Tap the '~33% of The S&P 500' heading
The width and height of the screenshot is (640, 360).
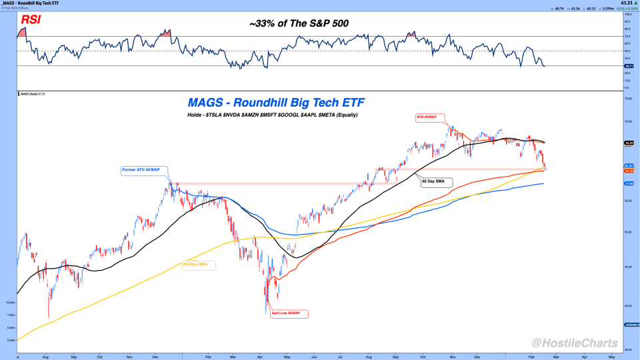(299, 23)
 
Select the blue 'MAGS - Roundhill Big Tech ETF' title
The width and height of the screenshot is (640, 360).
(276, 103)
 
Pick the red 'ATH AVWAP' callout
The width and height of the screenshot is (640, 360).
(427, 117)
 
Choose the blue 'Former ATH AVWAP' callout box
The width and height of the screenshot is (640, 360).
(145, 170)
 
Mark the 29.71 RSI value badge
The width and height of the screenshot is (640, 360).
(627, 66)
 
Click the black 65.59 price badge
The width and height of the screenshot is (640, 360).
(627, 143)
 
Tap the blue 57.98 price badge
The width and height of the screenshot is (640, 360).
(627, 184)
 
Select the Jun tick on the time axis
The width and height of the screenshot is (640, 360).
(314, 357)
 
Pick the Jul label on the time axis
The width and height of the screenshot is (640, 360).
(341, 357)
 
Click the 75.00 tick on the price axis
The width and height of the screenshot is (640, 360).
(627, 99)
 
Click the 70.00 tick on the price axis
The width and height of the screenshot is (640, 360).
(627, 121)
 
